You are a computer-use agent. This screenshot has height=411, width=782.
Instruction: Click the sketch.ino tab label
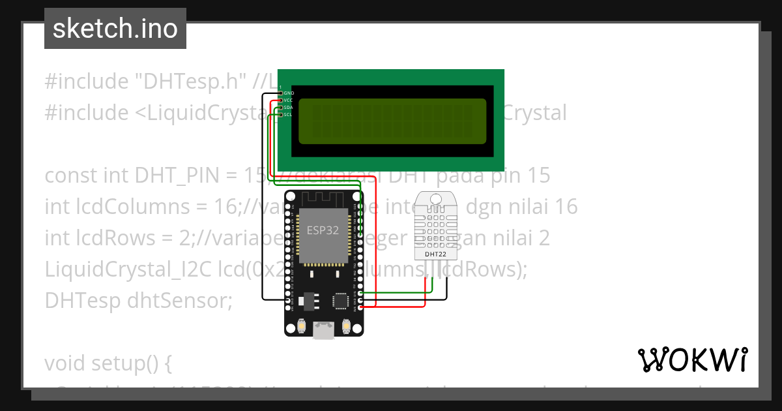pos(115,29)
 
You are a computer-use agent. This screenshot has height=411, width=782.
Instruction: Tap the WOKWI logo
pos(692,360)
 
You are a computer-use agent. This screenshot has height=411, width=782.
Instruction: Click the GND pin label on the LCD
pos(289,93)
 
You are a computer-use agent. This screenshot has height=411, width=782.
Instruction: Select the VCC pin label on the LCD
pos(289,100)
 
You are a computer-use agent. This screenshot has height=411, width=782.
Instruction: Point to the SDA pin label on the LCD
pos(289,108)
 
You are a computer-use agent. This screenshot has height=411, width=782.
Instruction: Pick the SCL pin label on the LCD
pos(289,115)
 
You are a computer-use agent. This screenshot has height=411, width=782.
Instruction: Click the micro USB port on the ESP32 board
pos(324,331)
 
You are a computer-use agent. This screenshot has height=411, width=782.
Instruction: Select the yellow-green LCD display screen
pos(392,121)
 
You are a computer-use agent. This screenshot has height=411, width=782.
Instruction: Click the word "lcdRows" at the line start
pos(103,238)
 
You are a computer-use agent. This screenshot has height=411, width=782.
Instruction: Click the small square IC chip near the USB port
pos(340,301)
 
